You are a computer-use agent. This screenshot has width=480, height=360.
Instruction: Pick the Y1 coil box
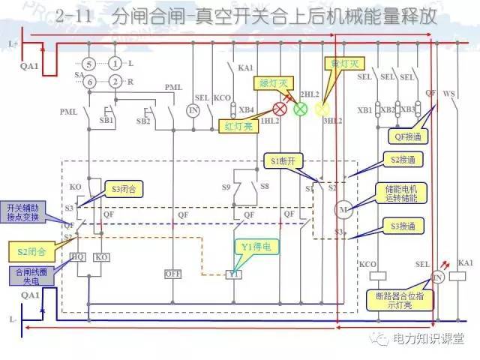(x=233, y=274)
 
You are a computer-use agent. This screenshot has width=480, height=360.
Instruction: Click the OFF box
(x=173, y=274)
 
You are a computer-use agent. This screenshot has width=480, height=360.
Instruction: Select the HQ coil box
(x=78, y=256)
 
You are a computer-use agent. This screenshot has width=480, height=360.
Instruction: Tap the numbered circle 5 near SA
(x=88, y=63)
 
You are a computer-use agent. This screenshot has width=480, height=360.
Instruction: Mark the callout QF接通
(x=406, y=136)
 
